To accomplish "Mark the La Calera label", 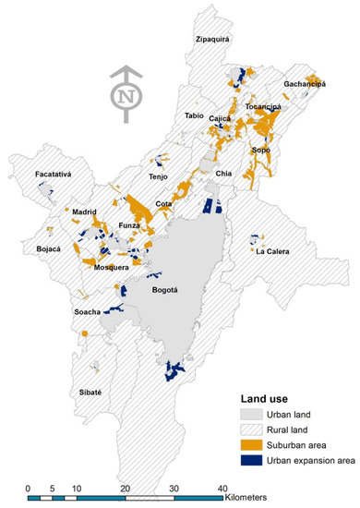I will (x=273, y=252).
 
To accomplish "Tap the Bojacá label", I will (x=48, y=249).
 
